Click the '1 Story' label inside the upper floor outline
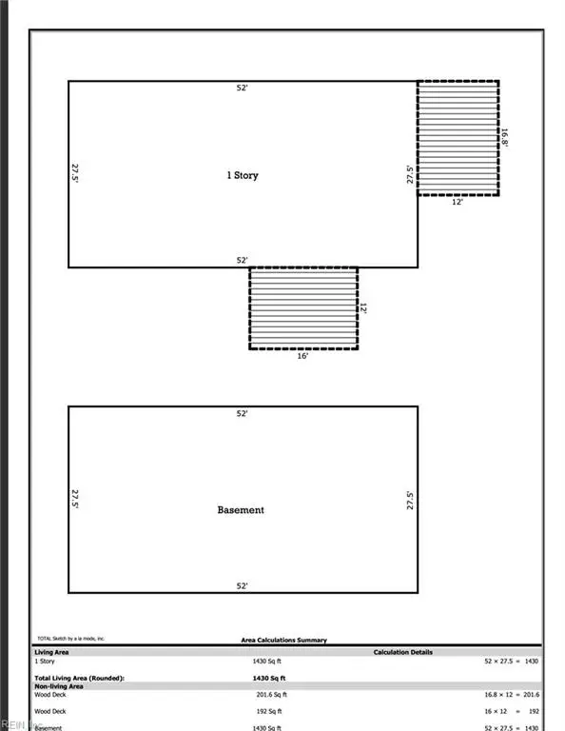pos(242,175)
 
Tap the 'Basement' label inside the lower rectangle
pos(241,510)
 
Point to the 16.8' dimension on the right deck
pos(506,138)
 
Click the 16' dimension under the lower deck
pos(303,355)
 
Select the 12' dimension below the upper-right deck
pos(458,202)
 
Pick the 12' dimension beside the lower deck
pos(363,309)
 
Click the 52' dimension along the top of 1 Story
pos(243,89)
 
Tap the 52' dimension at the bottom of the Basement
pos(243,585)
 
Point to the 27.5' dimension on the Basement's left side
pos(74,500)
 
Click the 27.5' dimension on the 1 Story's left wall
pos(74,174)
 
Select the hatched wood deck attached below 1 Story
pos(303,307)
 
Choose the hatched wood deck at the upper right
pos(458,138)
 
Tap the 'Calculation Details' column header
pos(403,652)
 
